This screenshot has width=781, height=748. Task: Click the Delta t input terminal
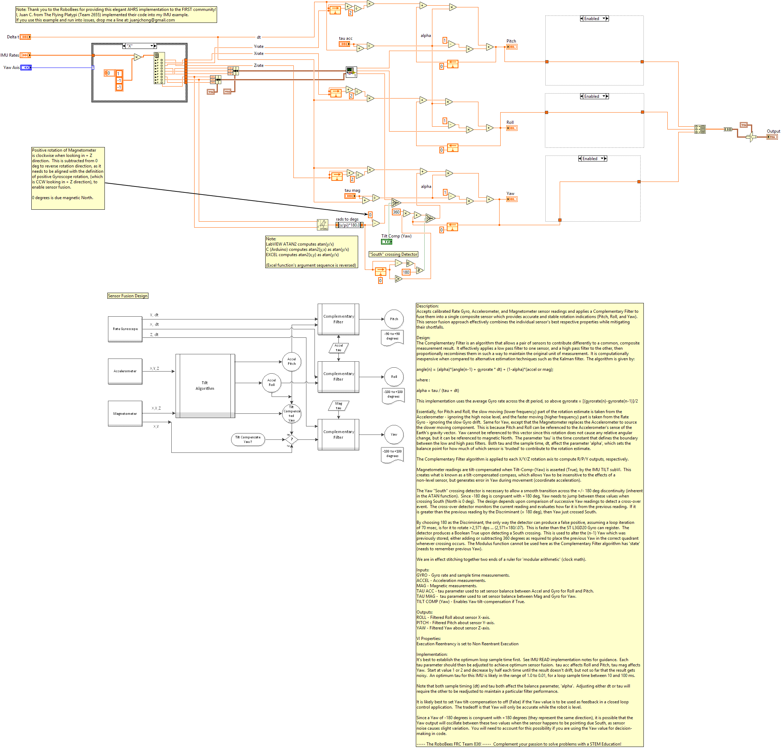25,37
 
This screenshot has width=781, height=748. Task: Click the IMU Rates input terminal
25,55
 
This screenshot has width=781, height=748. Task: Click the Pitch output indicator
512,47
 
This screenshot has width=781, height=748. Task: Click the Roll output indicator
512,128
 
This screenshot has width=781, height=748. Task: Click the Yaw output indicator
512,199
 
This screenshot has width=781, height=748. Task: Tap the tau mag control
350,196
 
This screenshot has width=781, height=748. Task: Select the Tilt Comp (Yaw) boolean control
387,241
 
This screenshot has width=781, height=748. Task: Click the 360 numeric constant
396,213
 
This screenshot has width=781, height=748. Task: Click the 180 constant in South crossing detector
406,272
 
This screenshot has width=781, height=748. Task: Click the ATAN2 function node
322,225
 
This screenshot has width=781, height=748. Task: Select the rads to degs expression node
349,225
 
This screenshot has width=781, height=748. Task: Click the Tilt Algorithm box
205,386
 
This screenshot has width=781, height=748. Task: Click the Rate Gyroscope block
125,329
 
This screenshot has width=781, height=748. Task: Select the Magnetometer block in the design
125,414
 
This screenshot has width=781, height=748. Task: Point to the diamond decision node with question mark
292,439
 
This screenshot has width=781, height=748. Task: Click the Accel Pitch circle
292,361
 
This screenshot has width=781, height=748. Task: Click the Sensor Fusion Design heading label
127,296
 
